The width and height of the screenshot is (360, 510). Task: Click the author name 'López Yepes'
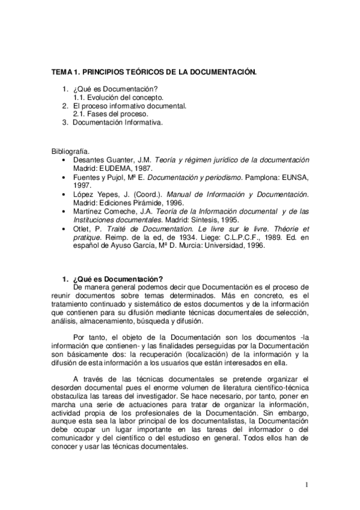click(93, 195)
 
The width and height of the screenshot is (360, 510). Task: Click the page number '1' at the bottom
click(307, 484)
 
